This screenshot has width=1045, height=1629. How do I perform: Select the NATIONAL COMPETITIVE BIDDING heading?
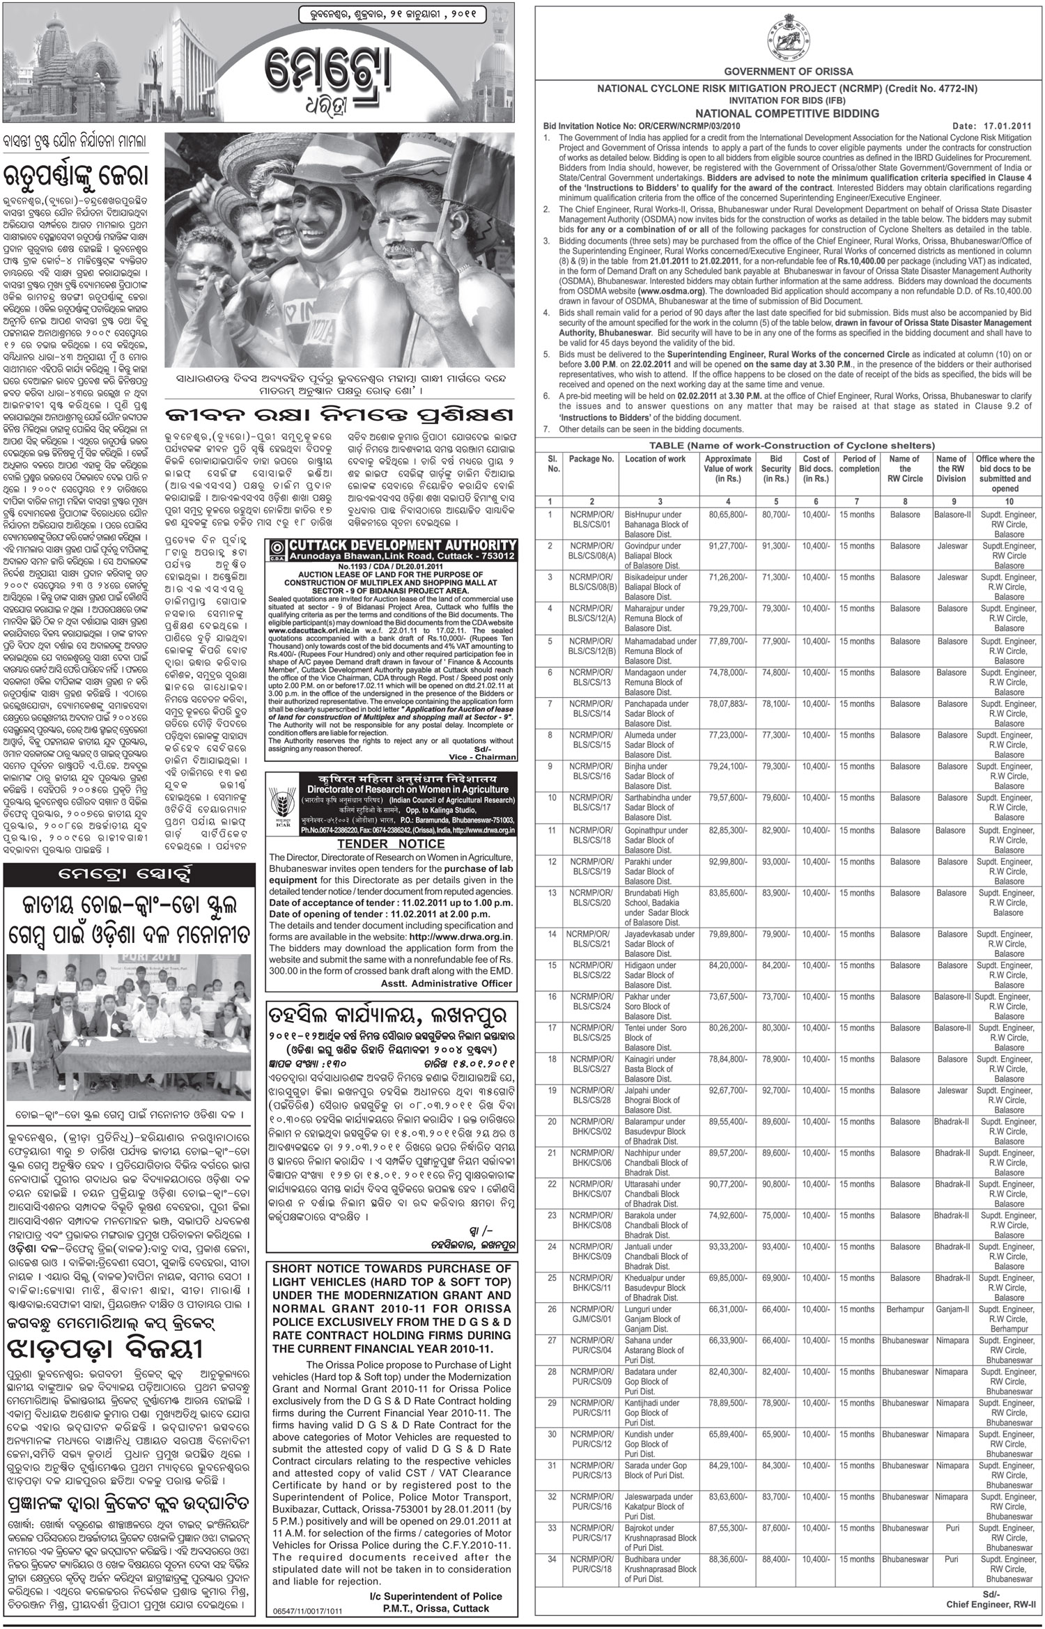[x=788, y=114]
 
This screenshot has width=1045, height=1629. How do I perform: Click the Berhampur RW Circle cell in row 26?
[x=905, y=1309]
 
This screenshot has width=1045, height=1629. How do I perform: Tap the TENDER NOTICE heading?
[x=391, y=843]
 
